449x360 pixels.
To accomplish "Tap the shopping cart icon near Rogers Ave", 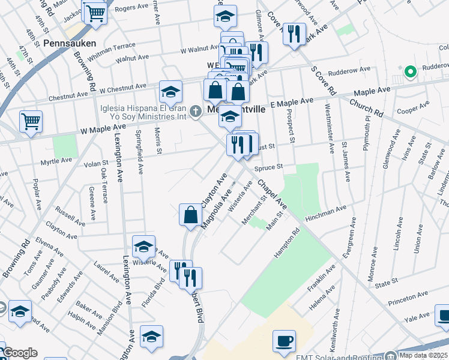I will coord(94,12).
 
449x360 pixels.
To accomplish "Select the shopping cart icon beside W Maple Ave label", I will coord(31,121).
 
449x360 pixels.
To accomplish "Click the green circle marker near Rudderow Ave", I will coord(411,72).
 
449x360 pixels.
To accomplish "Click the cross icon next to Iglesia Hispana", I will coord(195,111).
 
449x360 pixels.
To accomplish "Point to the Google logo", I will coord(20,353).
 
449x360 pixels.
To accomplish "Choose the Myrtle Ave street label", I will coord(56,161).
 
